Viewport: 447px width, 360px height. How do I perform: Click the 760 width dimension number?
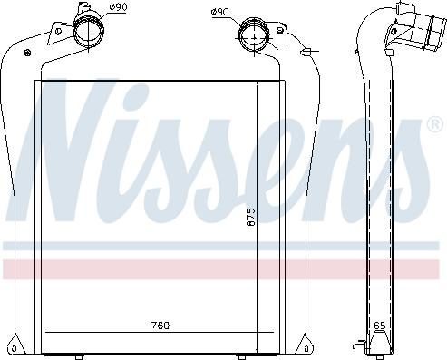[160, 326]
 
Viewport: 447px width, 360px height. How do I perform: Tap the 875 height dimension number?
[251, 217]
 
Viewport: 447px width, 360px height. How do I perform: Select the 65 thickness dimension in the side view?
[380, 326]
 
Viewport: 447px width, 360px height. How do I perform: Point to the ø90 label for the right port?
[219, 12]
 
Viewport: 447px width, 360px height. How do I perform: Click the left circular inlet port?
[89, 32]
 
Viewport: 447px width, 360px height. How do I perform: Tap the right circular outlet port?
[254, 35]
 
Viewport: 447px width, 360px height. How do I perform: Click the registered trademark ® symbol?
[435, 124]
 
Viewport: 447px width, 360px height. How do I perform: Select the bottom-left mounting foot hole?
[14, 347]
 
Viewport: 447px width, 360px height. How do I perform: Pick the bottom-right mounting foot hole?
[306, 347]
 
